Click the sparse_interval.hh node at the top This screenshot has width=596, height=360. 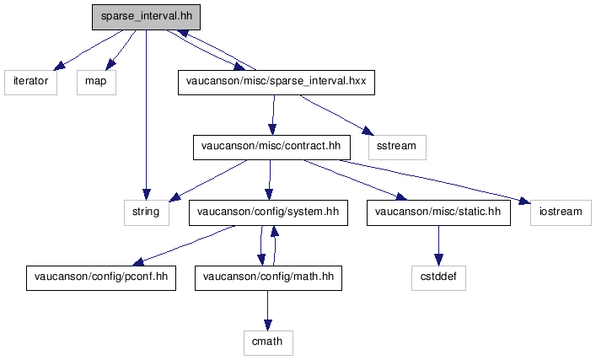146,17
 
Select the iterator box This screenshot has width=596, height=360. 31,82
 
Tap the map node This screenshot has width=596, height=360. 96,82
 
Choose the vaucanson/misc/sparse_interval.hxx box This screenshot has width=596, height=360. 277,82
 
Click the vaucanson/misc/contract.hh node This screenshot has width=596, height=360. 271,148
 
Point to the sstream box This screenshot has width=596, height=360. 397,148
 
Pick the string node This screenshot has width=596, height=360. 147,213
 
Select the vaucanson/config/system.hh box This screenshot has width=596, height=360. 268,213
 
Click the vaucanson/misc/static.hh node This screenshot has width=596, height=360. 438,213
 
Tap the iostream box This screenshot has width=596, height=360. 561,213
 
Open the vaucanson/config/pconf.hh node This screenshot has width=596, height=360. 101,278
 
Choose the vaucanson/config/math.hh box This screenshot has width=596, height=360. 268,278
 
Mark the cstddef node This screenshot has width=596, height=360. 438,278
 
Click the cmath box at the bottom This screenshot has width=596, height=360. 268,343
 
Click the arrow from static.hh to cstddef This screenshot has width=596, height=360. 438,245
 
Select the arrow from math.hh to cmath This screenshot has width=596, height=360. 267,310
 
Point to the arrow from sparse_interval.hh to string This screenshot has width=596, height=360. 146,115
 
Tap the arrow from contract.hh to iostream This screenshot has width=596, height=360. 435,182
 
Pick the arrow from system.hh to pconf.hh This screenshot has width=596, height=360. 184,245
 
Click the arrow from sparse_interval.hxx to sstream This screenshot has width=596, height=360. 336,115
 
